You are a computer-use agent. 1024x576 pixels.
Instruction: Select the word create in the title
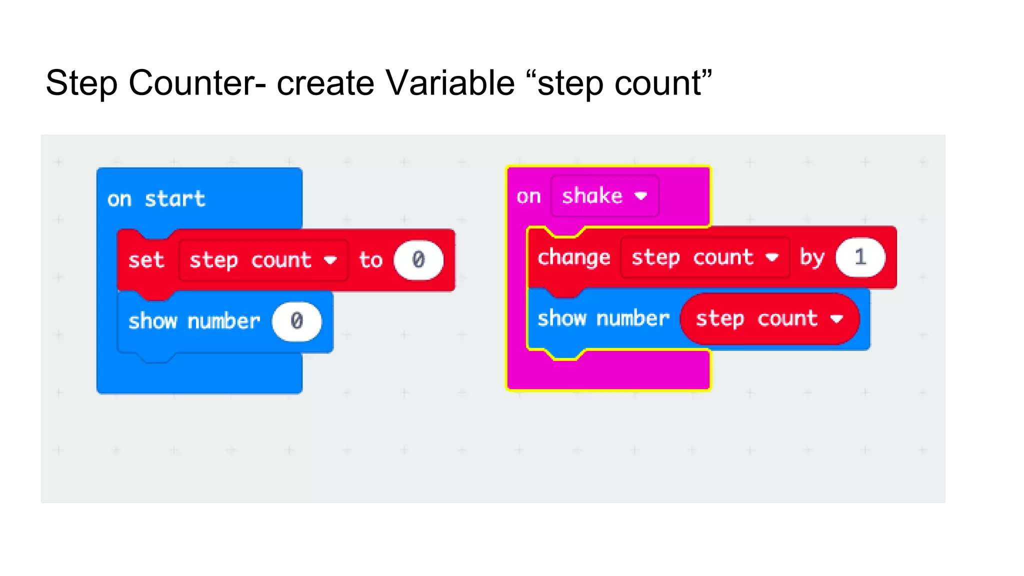pyautogui.click(x=325, y=83)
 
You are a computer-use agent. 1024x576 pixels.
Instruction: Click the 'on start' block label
pyautogui.click(x=156, y=199)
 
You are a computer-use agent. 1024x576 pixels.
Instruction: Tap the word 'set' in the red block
pyautogui.click(x=146, y=260)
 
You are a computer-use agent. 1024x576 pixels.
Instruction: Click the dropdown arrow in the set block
pyautogui.click(x=330, y=260)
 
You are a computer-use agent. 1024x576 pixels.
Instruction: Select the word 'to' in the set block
pyautogui.click(x=370, y=260)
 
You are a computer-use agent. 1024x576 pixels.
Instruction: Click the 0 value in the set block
pyautogui.click(x=418, y=260)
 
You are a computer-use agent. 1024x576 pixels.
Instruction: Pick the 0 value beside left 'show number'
pyautogui.click(x=296, y=321)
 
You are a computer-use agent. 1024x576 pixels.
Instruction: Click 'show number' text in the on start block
pyautogui.click(x=194, y=321)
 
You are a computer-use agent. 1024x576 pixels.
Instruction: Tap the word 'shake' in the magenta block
pyautogui.click(x=592, y=195)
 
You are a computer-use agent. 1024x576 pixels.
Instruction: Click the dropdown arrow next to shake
pyautogui.click(x=640, y=196)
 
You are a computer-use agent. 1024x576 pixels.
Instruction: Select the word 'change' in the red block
pyautogui.click(x=573, y=257)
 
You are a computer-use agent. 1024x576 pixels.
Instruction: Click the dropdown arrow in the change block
pyautogui.click(x=772, y=257)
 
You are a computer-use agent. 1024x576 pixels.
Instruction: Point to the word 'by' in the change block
pyautogui.click(x=812, y=257)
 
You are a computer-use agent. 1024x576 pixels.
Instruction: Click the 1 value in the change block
pyautogui.click(x=860, y=257)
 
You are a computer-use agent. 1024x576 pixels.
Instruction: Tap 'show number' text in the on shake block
pyautogui.click(x=603, y=318)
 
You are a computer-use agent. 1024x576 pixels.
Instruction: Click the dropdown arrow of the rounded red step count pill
pyautogui.click(x=837, y=319)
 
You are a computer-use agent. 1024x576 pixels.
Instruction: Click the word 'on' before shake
pyautogui.click(x=528, y=196)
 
